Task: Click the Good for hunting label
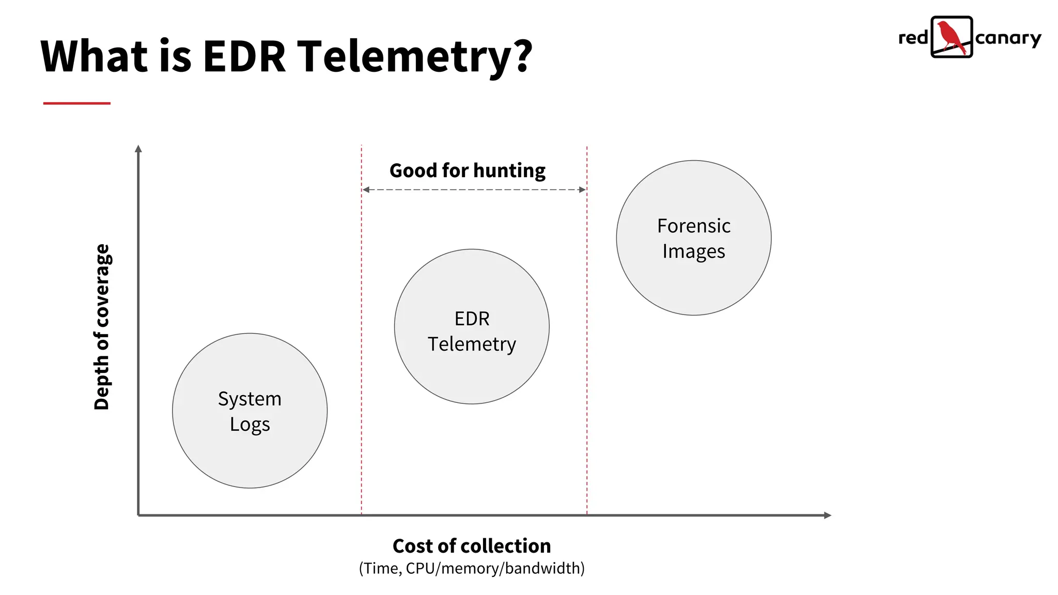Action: point(467,170)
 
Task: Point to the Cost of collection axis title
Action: point(472,546)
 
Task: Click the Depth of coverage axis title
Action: point(102,327)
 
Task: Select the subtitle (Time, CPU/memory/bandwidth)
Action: point(472,568)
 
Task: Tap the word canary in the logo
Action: point(1008,39)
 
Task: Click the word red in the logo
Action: point(913,38)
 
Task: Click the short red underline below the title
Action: point(77,103)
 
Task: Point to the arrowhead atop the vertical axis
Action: point(138,149)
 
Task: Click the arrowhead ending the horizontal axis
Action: point(827,515)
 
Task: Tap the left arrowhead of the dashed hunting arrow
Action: point(366,190)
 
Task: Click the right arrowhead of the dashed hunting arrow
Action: point(583,190)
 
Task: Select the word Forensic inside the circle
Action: point(694,226)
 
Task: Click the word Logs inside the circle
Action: point(250,425)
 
